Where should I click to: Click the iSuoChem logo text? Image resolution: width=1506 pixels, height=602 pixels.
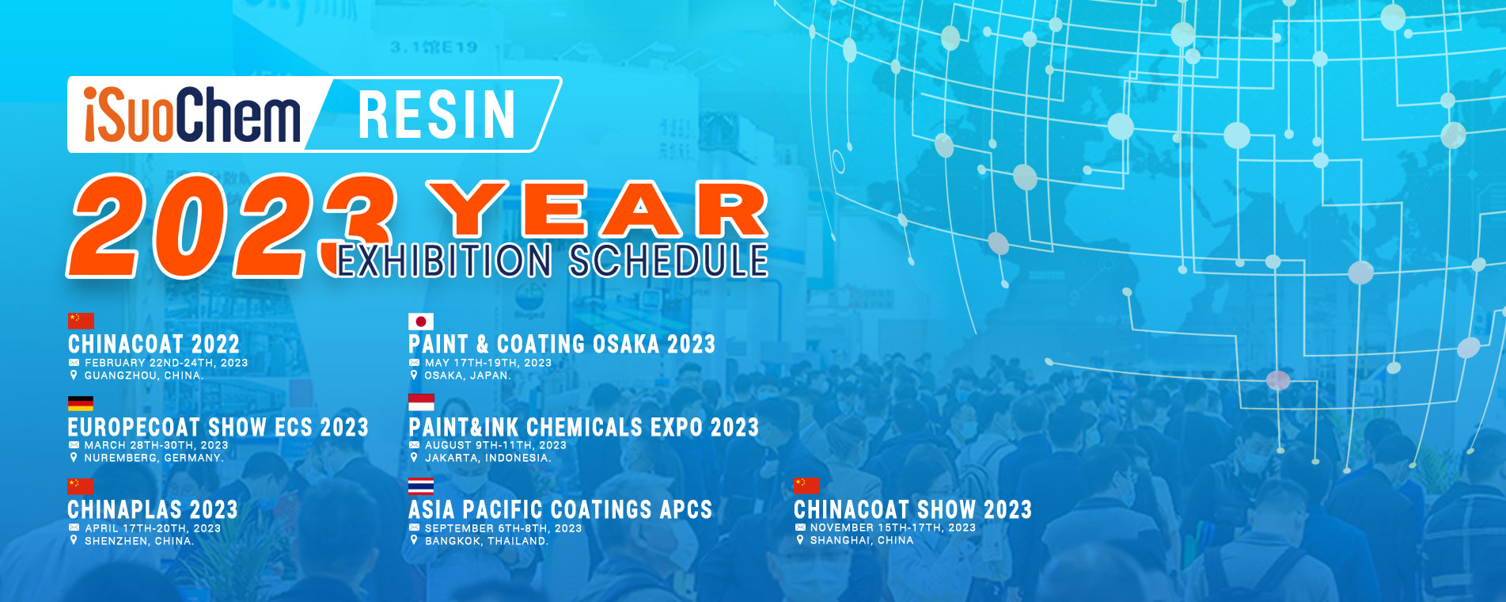tap(192, 115)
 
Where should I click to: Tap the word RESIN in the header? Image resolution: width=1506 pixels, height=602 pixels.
tap(437, 115)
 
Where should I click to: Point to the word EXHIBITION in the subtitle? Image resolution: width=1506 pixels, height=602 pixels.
tap(445, 261)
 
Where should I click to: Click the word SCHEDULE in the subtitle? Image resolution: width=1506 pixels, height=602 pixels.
tap(669, 261)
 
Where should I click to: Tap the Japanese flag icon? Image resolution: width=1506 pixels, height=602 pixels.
tap(421, 321)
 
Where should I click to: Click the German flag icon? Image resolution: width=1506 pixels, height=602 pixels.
tap(81, 403)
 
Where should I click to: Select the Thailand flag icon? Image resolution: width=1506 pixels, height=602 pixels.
tap(421, 486)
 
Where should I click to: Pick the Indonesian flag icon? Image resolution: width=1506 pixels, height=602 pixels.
tap(421, 403)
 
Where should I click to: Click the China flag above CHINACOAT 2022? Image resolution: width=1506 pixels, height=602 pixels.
tap(81, 321)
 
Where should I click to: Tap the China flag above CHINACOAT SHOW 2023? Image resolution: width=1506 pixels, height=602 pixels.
tap(806, 486)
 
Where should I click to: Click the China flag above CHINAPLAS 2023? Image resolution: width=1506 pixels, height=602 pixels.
tap(80, 486)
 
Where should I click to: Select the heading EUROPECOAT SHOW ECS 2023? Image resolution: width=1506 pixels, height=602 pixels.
tap(218, 427)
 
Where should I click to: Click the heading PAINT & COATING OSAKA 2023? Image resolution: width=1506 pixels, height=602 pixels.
tap(562, 344)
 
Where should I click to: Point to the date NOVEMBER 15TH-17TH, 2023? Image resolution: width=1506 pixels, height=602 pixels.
tap(893, 528)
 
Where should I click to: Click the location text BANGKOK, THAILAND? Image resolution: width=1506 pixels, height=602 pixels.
tap(487, 541)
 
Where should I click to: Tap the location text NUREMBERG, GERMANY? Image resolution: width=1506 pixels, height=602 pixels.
tap(154, 458)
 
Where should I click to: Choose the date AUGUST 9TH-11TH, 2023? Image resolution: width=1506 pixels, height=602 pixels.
tap(495, 445)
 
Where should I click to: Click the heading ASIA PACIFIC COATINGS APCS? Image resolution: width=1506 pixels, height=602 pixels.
tap(560, 509)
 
